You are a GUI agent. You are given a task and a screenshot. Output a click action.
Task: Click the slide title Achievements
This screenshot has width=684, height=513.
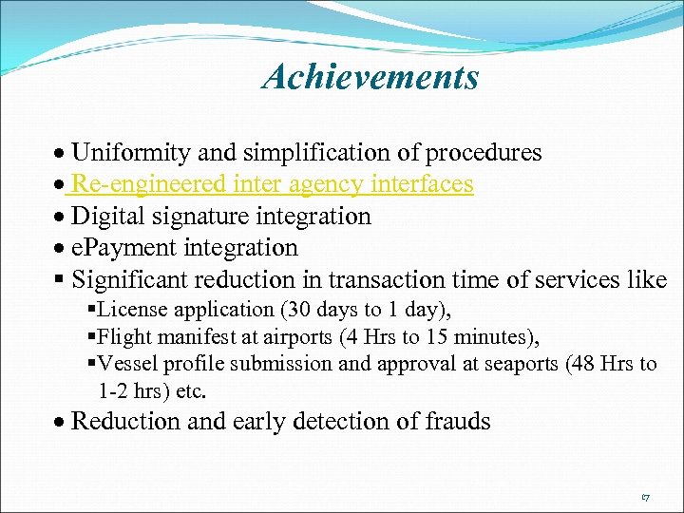point(370,77)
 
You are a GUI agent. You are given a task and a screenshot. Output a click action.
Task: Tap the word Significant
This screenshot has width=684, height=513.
point(129,280)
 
